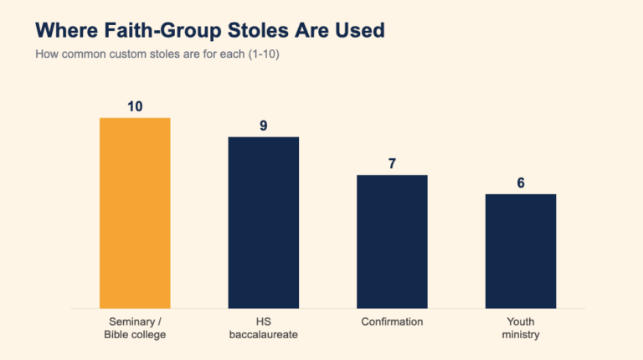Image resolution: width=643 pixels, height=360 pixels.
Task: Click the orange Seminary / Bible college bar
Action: (x=135, y=213)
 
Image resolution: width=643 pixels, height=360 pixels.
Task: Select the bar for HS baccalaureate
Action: (x=263, y=223)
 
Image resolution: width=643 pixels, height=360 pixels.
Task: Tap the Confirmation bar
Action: (x=392, y=242)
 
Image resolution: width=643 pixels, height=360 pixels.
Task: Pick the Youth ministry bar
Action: (x=521, y=251)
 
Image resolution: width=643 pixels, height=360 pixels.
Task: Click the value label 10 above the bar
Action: (x=135, y=106)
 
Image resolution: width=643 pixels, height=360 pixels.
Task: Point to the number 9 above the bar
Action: (x=263, y=126)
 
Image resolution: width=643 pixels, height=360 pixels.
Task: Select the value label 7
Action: (x=392, y=163)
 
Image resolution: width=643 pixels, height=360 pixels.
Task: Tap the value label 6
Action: (x=521, y=183)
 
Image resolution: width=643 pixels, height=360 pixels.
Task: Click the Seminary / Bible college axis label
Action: (x=135, y=328)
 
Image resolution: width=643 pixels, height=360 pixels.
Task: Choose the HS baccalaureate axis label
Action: (x=263, y=328)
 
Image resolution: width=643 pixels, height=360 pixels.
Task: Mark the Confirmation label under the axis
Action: (x=392, y=321)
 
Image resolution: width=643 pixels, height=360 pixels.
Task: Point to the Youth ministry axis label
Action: (x=521, y=328)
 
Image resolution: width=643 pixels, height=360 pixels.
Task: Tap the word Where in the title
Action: (x=67, y=30)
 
